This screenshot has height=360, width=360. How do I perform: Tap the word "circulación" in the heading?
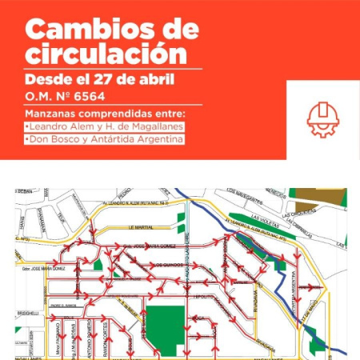click(x=106, y=54)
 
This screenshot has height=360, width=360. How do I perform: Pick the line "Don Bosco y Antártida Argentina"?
click(x=105, y=139)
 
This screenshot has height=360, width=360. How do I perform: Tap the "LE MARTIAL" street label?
click(x=139, y=227)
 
